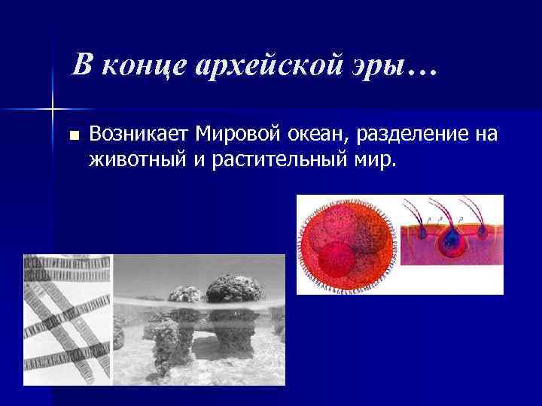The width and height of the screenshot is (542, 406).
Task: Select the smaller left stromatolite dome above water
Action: click(184, 295)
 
